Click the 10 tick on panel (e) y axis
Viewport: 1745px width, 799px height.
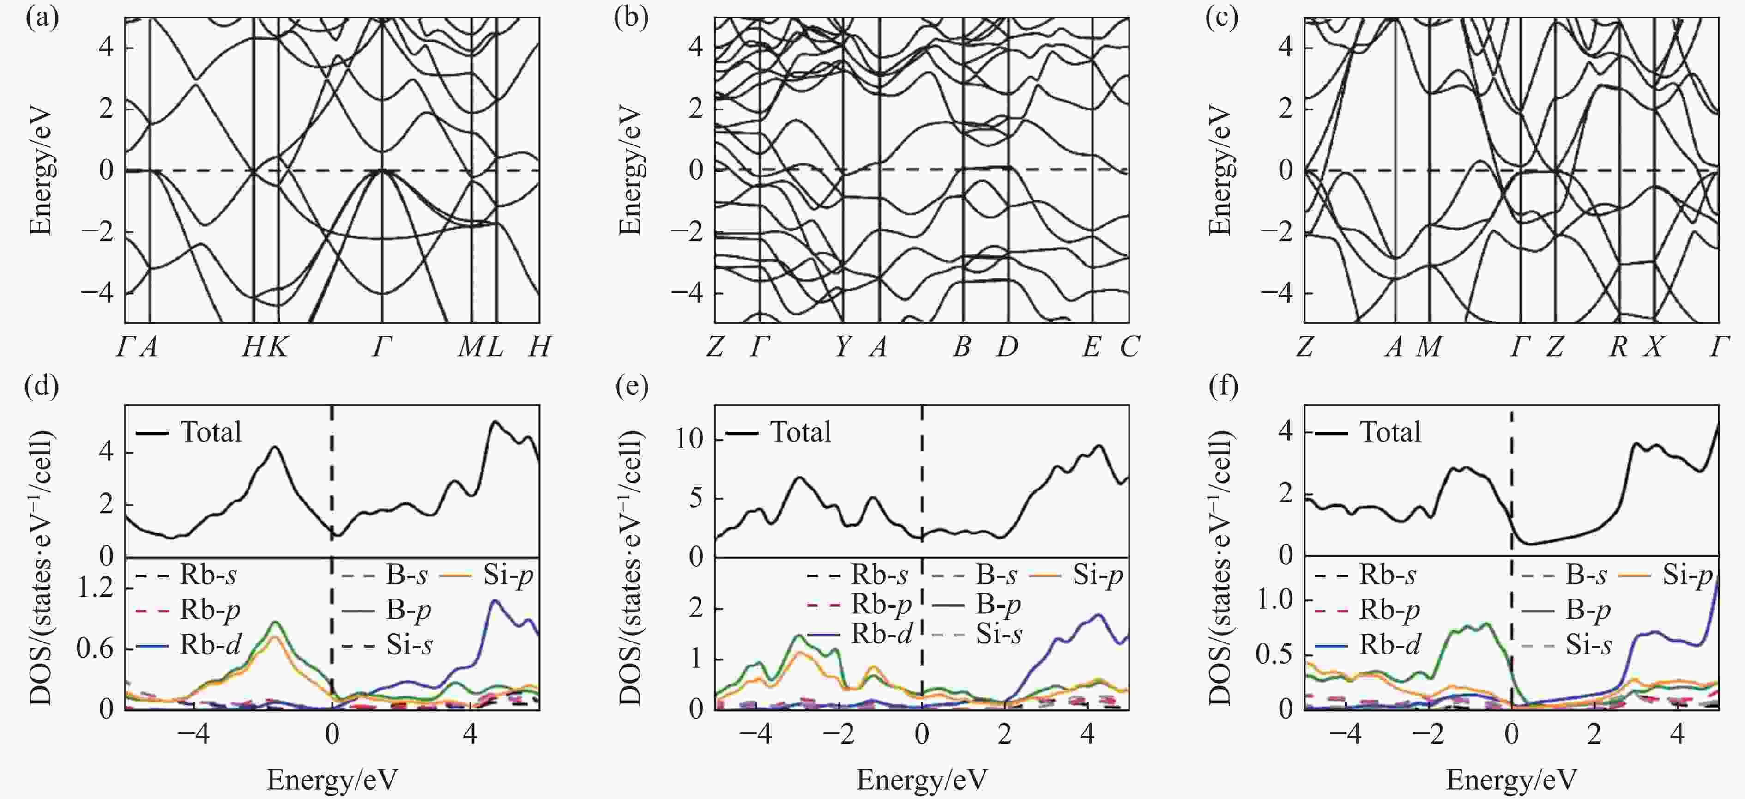pos(690,440)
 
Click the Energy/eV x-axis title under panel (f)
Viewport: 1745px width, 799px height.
pos(1511,780)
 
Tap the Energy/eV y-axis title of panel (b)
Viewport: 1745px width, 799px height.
pos(631,170)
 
